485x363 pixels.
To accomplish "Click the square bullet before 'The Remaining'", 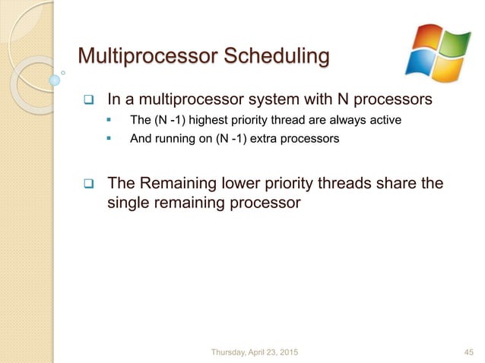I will point(88,185).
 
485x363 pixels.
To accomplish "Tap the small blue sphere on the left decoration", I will point(54,78).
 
